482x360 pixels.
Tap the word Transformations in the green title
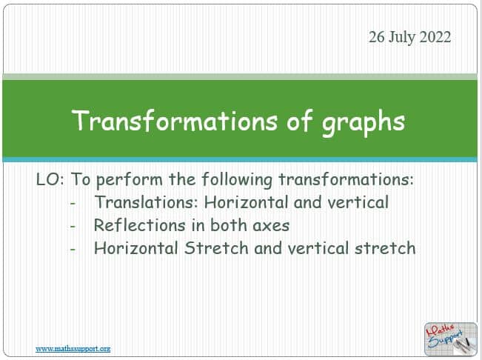point(175,121)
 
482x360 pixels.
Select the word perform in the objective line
point(129,180)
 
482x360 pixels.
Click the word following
point(237,180)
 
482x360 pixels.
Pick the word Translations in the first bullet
point(147,202)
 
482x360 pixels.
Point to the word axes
point(271,226)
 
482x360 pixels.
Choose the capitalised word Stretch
point(216,248)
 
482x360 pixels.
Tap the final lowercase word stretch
point(385,248)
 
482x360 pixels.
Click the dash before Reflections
point(73,227)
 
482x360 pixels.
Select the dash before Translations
point(73,204)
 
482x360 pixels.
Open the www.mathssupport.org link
point(73,349)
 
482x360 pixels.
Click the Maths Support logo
point(451,339)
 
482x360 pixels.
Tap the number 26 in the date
point(377,37)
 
